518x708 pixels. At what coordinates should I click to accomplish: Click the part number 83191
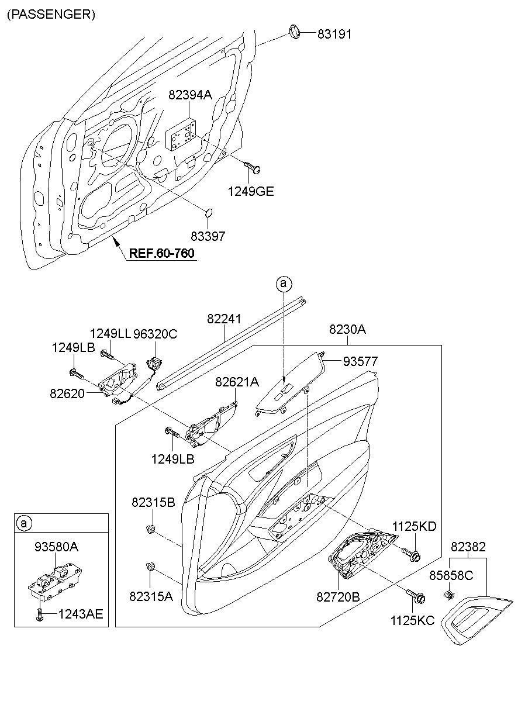tap(334, 34)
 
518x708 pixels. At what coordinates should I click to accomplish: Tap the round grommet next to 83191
tap(295, 33)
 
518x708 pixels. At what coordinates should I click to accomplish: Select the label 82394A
tap(190, 95)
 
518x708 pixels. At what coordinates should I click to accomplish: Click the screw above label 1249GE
tap(252, 167)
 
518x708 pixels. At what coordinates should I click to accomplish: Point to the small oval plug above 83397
tap(208, 213)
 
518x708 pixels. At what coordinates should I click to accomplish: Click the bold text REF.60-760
tap(162, 253)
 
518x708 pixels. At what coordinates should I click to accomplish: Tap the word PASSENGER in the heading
tap(51, 15)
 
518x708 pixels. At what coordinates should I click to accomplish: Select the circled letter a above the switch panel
tap(284, 283)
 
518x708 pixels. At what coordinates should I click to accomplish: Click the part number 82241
tap(224, 319)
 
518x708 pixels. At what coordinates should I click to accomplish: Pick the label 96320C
tap(156, 334)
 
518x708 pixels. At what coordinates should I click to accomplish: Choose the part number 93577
tap(361, 361)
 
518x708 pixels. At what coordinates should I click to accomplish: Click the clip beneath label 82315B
tap(151, 529)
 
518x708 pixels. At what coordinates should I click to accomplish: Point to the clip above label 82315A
tap(150, 567)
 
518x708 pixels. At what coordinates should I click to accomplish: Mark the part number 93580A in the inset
tap(56, 547)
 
